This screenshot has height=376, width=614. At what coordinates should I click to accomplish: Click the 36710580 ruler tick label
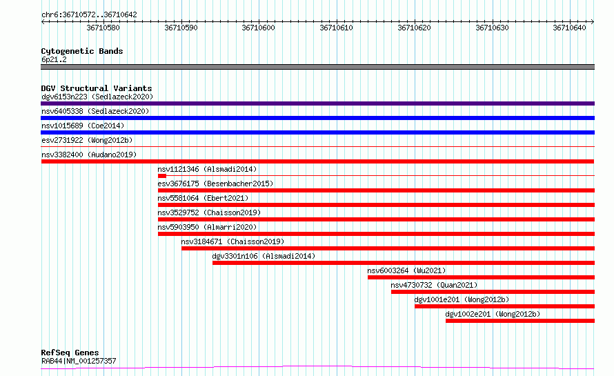click(103, 28)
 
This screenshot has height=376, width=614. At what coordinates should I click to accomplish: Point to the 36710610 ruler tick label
click(336, 28)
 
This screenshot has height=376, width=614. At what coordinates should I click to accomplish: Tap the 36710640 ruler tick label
click(569, 28)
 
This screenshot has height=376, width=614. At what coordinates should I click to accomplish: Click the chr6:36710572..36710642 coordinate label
click(89, 15)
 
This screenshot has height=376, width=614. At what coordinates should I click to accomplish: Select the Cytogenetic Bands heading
click(82, 51)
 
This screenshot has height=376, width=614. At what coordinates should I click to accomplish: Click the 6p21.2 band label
click(54, 59)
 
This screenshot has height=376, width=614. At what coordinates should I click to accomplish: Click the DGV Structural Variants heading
click(97, 88)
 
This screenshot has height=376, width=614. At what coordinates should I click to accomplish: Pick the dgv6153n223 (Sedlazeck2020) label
click(97, 97)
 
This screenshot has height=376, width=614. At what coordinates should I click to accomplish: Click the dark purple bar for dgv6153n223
click(317, 103)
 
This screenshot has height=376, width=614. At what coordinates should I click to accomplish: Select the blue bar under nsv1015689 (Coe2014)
click(317, 132)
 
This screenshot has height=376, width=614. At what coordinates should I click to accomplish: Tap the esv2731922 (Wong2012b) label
click(87, 140)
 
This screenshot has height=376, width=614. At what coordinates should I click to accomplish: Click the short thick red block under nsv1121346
click(162, 176)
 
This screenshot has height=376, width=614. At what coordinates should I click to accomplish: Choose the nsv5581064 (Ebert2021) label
click(203, 198)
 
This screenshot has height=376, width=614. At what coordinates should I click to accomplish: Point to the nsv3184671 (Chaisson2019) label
click(232, 241)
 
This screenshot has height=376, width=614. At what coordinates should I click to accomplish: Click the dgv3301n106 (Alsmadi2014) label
click(264, 256)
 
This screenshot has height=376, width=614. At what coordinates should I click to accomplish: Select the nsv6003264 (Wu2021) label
click(406, 270)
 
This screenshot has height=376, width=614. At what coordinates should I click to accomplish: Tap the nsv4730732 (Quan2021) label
click(434, 285)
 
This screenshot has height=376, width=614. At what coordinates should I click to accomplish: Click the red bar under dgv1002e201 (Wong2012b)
click(520, 321)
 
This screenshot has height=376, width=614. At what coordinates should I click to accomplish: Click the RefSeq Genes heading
click(70, 353)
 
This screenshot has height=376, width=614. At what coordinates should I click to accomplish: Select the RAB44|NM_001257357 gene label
click(79, 361)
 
